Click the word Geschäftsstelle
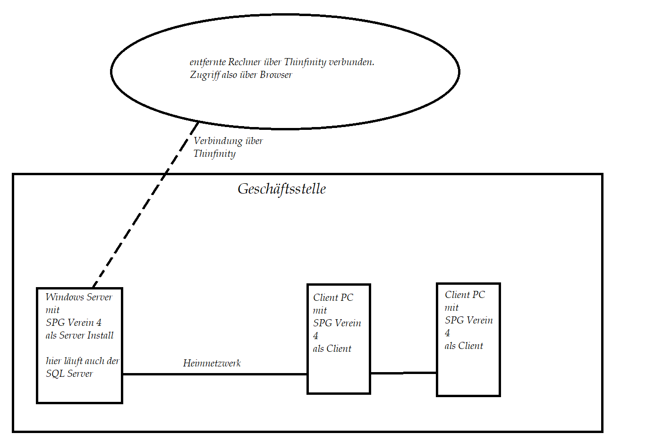(x=281, y=189)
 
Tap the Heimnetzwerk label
(x=212, y=363)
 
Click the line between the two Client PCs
(x=403, y=373)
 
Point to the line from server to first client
(x=215, y=374)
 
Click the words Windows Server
(x=79, y=297)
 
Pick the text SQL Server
(x=69, y=374)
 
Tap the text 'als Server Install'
(x=80, y=335)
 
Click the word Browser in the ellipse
(x=276, y=75)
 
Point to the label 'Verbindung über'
(x=228, y=141)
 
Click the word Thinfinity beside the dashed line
(x=214, y=154)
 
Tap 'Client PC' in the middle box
(x=333, y=297)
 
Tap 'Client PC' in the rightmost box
(x=465, y=295)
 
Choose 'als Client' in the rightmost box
(x=464, y=346)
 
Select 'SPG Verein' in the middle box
(x=337, y=323)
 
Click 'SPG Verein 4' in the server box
(x=74, y=323)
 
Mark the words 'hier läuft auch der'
(x=83, y=361)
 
